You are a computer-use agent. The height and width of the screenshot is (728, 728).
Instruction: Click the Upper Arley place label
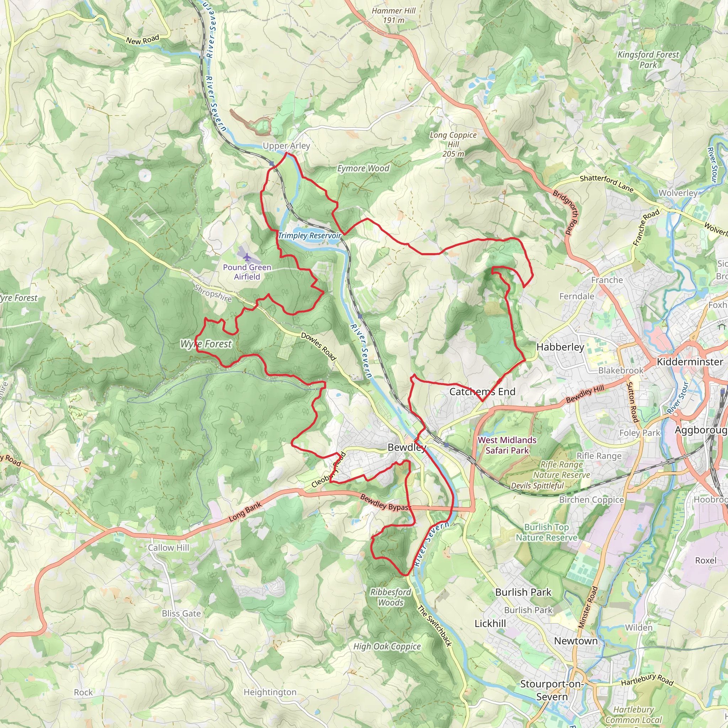[x=286, y=146]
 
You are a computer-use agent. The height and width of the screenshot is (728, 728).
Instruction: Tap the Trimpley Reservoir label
[x=309, y=236]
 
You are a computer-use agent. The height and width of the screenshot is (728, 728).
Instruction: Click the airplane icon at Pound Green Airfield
[x=247, y=257]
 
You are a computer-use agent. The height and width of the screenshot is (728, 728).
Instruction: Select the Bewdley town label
[x=407, y=447]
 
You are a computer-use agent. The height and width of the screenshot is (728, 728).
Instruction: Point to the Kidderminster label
[x=690, y=362]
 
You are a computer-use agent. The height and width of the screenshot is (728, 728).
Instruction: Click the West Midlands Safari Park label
[x=507, y=445]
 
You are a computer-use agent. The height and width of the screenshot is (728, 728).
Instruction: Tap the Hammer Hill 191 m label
[x=394, y=15]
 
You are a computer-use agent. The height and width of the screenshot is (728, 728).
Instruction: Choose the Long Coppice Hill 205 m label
[x=453, y=144]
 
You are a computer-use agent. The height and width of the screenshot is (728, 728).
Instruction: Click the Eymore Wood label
[x=363, y=168]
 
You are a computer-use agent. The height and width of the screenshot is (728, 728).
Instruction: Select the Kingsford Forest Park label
[x=648, y=59]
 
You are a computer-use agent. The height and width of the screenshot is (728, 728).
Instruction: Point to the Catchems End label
[x=482, y=391]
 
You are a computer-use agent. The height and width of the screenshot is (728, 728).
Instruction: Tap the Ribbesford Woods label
[x=391, y=597]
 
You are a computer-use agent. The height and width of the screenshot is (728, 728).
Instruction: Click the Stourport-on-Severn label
[x=552, y=690]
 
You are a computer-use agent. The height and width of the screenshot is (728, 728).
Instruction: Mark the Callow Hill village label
[x=168, y=547]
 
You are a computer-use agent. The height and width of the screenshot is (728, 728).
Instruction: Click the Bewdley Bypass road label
[x=385, y=503]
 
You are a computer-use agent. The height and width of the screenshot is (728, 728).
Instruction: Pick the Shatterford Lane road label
[x=606, y=183]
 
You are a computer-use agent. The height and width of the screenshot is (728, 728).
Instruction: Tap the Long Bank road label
[x=245, y=512]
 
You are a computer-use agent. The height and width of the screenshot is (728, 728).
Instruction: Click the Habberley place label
[x=560, y=347]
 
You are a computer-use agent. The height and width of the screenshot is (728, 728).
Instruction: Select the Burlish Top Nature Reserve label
[x=546, y=532]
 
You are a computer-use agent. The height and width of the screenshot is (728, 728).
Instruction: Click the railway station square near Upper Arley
[x=272, y=164]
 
